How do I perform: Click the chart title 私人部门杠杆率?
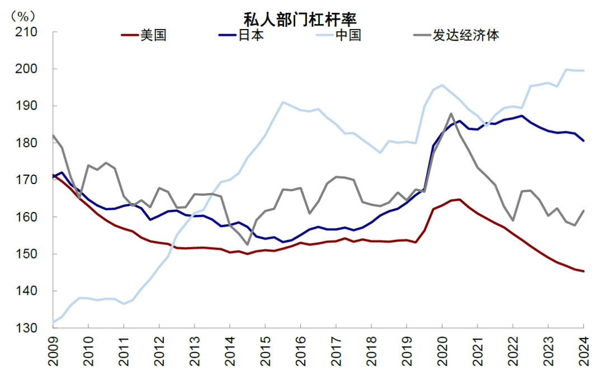300,18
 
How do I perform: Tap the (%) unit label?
23,16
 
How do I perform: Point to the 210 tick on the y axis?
26,32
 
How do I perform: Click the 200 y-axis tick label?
26,69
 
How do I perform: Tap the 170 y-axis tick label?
26,180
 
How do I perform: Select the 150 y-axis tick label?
26,253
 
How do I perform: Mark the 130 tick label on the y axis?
26,328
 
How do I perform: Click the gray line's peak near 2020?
451,114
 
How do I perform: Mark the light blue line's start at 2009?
53,323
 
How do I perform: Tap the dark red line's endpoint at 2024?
584,271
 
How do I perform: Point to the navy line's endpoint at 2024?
584,141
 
